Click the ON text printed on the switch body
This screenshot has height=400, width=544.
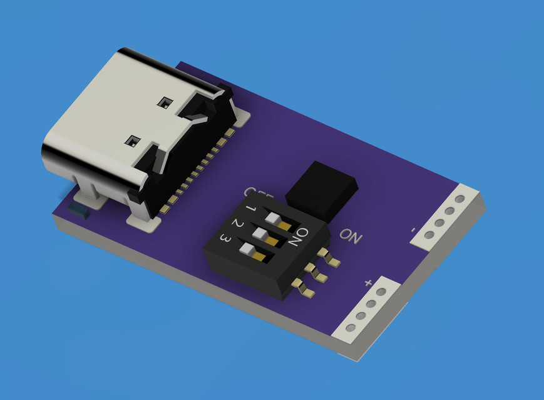300,236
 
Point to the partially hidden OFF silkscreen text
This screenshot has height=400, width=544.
250,192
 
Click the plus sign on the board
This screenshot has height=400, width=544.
368,283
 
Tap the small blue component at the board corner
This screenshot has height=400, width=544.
80,210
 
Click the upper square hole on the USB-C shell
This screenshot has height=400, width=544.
165,102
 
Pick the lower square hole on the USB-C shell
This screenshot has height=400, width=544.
132,141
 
